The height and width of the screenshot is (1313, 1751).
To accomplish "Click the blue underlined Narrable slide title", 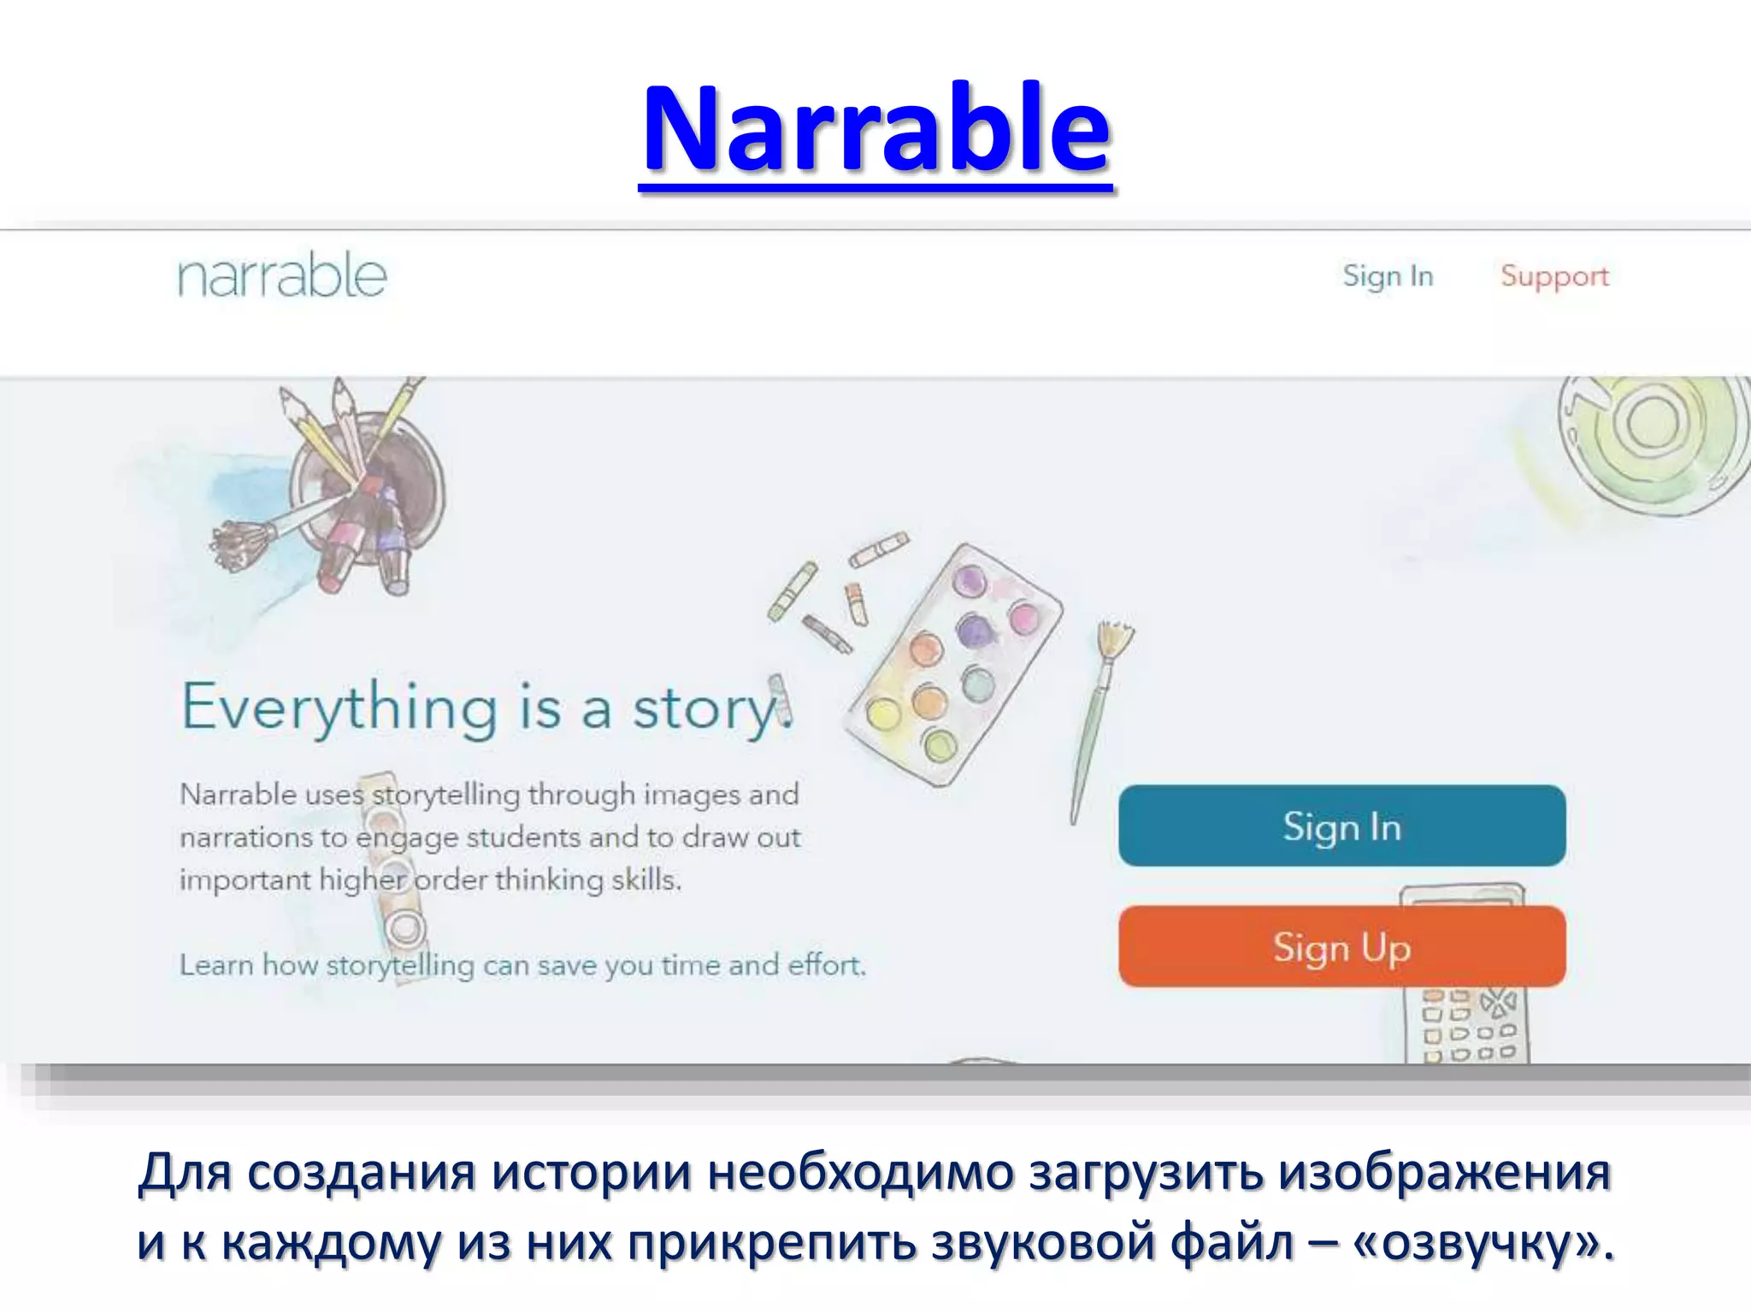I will (876, 130).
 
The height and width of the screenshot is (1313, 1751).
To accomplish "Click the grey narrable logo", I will (282, 276).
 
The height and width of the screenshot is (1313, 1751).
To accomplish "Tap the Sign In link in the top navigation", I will (1387, 276).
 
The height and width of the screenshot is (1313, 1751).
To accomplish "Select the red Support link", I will (1554, 276).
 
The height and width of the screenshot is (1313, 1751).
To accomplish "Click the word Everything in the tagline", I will (339, 709).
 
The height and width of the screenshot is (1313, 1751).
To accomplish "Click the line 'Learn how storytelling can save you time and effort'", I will (522, 965).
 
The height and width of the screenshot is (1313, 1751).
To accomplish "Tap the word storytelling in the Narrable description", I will (445, 794).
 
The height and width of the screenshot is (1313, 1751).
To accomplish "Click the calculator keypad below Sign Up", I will (1467, 1026).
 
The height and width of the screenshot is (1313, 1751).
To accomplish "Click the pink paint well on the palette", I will (1023, 616).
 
